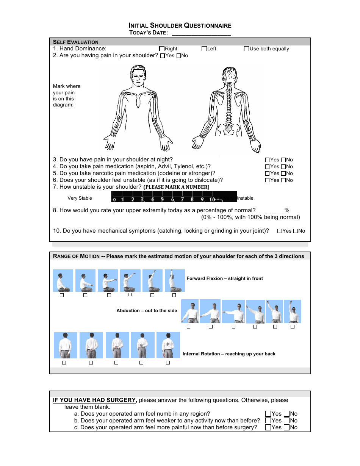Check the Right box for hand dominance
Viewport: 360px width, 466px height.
coord(162,48)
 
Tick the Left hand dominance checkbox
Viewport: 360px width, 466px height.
coord(204,48)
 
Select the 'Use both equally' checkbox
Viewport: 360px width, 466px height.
coord(246,48)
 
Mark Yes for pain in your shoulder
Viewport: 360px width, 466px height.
coord(163,56)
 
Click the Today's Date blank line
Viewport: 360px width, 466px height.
coord(201,33)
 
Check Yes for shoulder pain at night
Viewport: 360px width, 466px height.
coord(268,160)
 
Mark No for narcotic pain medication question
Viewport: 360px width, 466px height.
coord(283,174)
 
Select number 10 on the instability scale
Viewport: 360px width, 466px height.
coord(213,199)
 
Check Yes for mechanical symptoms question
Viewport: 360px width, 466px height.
coord(280,231)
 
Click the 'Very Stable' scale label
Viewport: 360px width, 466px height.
coord(80,198)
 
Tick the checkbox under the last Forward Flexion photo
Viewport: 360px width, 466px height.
coord(174,295)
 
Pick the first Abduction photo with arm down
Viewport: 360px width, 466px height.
coord(190,311)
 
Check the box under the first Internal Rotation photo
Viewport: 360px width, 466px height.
coord(64,363)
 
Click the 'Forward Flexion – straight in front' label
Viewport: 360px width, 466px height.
coord(224,278)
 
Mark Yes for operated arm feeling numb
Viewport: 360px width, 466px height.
coord(268,414)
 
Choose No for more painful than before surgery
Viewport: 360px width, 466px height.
coord(287,428)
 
